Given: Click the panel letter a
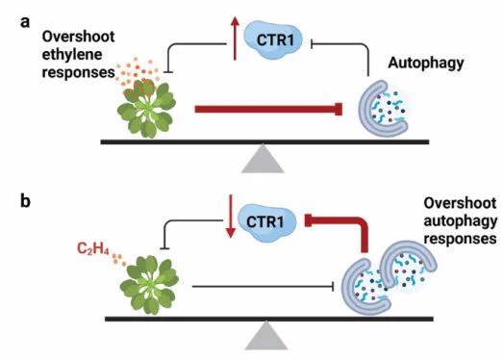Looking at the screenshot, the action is coord(25,22).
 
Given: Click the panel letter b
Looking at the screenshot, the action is coord(25,201).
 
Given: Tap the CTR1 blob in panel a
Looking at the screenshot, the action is coord(273,39).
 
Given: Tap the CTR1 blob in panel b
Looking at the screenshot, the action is coord(266,221).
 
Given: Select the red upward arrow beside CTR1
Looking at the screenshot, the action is coord(235,39).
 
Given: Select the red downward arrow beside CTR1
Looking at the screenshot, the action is coord(230,217).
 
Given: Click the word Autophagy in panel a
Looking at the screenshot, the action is coord(426,63).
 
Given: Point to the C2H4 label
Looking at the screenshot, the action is coord(93,248).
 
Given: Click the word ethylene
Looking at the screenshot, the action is coord(72,54).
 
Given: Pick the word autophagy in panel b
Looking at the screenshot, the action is coord(461,221).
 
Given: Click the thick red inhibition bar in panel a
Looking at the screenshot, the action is coord(268,109).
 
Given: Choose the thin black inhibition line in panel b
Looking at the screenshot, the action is coord(264,287).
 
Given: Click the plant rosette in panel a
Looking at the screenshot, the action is coord(146,108).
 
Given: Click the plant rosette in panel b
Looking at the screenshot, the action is coord(149,285).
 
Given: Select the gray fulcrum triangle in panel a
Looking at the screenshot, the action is coord(263,159).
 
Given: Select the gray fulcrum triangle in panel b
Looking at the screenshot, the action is coord(266,336).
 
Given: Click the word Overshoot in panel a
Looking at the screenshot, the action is coord(78,37).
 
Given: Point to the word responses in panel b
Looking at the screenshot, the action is coord(460,239).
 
